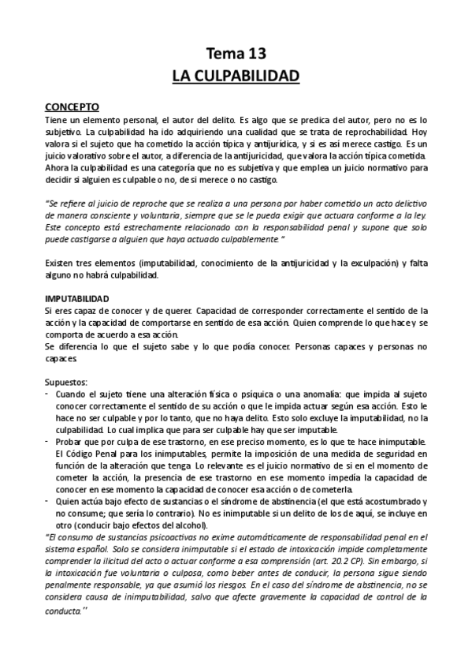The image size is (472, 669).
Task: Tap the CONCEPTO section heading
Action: pos(71,104)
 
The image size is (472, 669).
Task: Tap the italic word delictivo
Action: pos(405,202)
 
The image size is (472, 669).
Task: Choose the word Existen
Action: pos(60,262)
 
